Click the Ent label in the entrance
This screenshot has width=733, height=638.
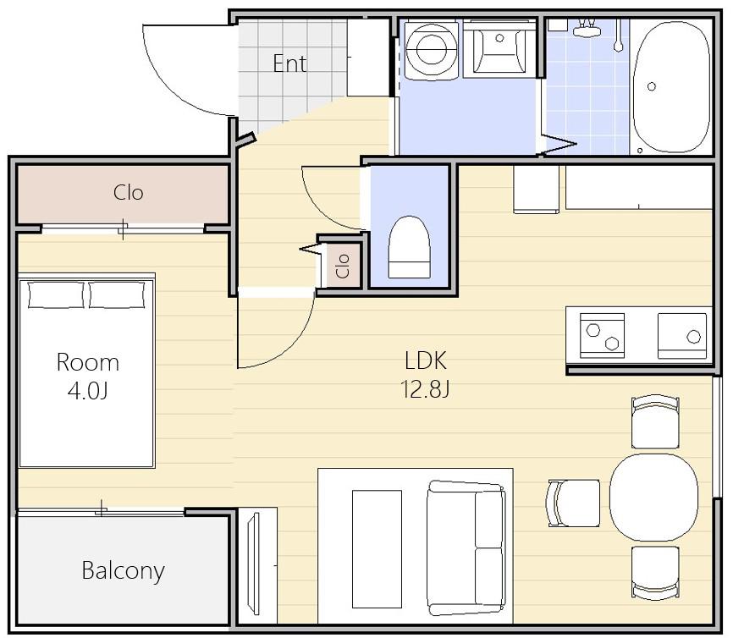pos(289,64)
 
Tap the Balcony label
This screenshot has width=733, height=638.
pos(123,570)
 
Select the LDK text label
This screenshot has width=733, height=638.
pos(426,360)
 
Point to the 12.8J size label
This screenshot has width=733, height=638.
pos(425,389)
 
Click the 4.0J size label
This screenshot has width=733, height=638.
pos(88,391)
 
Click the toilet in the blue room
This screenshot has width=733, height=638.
pos(410,247)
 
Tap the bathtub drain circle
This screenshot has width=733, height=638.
pos(652,86)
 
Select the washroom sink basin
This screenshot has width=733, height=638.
pos(499,47)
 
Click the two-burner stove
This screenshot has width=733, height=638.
pos(602,336)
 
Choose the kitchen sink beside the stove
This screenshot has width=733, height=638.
pos(682,336)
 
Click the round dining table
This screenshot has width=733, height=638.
pos(653,498)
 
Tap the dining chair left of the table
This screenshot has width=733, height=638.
pos(574,503)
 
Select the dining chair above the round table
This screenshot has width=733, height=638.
pos(655,422)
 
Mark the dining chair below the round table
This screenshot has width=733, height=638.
pos(655,572)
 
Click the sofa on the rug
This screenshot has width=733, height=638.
pos(466,548)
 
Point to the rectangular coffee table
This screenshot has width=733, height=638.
pos(377,549)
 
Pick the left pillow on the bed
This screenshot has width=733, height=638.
pos(56,295)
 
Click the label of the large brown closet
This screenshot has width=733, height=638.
pos(128,193)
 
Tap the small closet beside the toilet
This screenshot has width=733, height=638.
pos(343,266)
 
